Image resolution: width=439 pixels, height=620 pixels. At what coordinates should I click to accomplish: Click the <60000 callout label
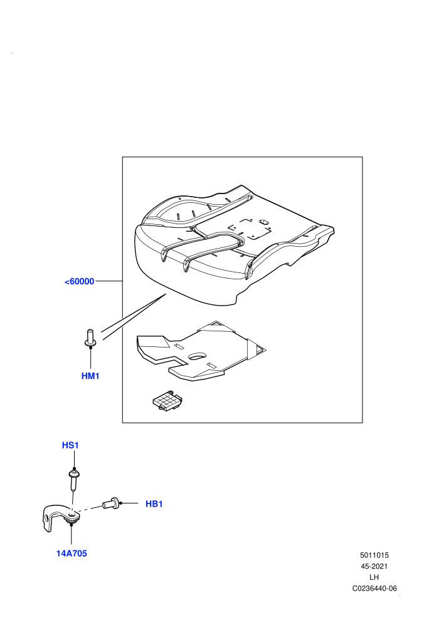click(79, 281)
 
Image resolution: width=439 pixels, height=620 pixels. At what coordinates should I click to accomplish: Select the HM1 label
click(90, 376)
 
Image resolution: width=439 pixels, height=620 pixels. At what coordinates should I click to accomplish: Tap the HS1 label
click(70, 445)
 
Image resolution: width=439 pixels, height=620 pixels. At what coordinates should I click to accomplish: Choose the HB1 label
click(154, 504)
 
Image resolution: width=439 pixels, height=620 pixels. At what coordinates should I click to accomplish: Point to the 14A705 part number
click(71, 554)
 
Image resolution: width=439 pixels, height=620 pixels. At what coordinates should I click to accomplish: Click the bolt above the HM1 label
click(90, 338)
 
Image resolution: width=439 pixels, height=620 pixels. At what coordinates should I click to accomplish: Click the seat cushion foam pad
click(233, 245)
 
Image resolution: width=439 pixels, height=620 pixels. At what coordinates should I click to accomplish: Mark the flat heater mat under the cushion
click(201, 351)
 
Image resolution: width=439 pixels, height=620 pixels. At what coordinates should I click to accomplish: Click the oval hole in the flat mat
click(197, 356)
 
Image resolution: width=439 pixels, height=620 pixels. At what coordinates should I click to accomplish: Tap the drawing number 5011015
click(374, 555)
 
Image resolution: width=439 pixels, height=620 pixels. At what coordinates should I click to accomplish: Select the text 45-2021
click(374, 566)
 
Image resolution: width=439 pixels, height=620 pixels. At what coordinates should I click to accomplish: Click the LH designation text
click(374, 577)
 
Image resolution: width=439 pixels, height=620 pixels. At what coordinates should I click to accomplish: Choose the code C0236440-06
click(374, 588)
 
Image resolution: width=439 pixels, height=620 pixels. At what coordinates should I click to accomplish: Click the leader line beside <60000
click(109, 281)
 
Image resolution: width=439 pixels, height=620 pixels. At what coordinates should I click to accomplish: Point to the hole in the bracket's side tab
click(48, 518)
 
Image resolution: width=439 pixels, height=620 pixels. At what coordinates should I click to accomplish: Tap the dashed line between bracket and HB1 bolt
click(90, 509)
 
